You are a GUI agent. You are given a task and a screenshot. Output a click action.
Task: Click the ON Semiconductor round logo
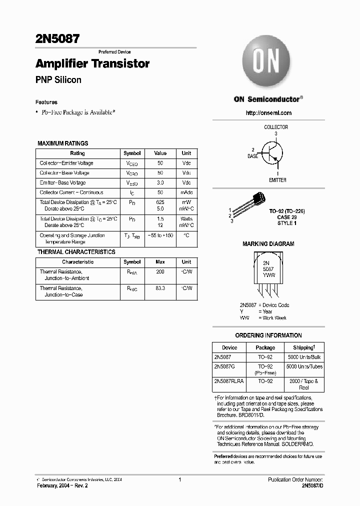[266, 64]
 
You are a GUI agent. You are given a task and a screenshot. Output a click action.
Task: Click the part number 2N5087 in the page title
[57, 38]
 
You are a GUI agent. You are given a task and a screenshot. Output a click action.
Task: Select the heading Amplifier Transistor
[92, 64]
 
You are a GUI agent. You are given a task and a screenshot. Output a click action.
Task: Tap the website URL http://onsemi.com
[268, 113]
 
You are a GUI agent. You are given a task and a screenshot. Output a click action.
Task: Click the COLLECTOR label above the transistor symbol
[276, 127]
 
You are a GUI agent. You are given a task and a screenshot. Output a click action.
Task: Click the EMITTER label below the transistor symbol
[277, 180]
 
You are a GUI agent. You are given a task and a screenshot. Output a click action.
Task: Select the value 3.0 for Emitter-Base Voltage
[160, 183]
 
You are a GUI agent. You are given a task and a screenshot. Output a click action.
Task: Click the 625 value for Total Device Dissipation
[160, 202]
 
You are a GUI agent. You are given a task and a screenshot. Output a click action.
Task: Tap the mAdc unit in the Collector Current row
[186, 192]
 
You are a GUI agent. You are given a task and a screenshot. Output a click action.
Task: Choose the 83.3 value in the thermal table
[160, 288]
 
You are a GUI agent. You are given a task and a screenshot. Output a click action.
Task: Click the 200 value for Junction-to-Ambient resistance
[160, 272]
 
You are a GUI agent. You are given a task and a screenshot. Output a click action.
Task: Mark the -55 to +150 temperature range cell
[160, 235]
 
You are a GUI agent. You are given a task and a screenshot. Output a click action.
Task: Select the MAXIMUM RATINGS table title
[63, 143]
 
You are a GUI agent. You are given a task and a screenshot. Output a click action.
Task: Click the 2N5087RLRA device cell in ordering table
[228, 381]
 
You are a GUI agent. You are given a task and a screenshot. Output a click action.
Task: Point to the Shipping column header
[303, 347]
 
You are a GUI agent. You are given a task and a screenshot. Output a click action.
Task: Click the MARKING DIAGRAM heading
[268, 244]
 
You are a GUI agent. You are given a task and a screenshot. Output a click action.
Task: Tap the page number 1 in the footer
[179, 479]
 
